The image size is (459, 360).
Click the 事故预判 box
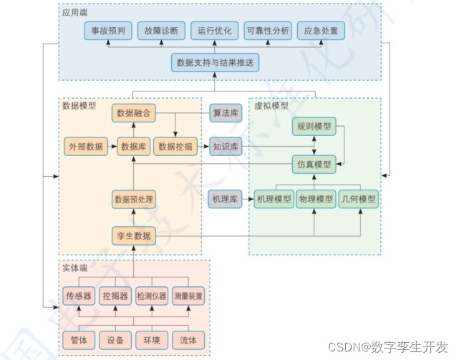108,31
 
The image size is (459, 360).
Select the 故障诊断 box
161,31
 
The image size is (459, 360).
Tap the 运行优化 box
214,31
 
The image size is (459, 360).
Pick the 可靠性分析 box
266,31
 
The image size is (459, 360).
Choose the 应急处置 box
320,31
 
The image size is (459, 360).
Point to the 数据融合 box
133,112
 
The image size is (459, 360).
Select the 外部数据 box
85,147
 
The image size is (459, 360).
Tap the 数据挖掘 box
175,147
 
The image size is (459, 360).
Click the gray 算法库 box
225,112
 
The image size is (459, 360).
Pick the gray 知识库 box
225,147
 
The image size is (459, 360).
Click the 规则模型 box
314,127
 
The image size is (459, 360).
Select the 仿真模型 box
314,164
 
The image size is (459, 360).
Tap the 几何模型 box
358,199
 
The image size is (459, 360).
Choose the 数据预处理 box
133,199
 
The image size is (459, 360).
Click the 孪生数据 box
133,235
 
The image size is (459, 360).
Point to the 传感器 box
79,296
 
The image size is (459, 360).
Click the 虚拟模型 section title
271,105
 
